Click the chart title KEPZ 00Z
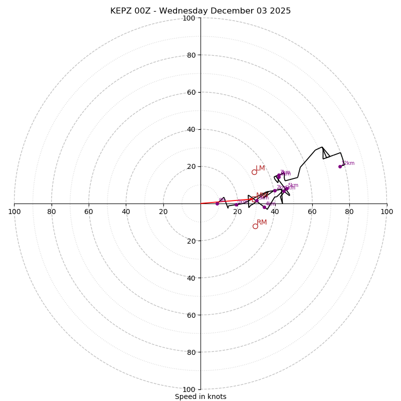pyautogui.click(x=200, y=11)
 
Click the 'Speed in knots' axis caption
pyautogui.click(x=200, y=396)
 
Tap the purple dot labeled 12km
pyautogui.click(x=340, y=166)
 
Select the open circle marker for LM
pyautogui.click(x=254, y=172)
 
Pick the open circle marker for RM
pyautogui.click(x=255, y=226)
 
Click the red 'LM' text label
pyautogui.click(x=261, y=168)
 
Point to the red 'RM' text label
pyautogui.click(x=262, y=223)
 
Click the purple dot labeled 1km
pyautogui.click(x=236, y=205)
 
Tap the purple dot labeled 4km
pyautogui.click(x=264, y=207)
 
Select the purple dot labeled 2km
pyautogui.click(x=275, y=190)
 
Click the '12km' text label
pyautogui.click(x=348, y=163)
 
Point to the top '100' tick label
pyautogui.click(x=189, y=18)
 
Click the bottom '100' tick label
pyautogui.click(x=189, y=389)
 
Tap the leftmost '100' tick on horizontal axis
pyautogui.click(x=15, y=212)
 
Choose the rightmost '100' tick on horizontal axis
pyautogui.click(x=386, y=212)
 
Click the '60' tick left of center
pyautogui.click(x=89, y=212)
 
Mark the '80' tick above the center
pyautogui.click(x=190, y=55)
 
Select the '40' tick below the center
pyautogui.click(x=190, y=278)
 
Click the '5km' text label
pyautogui.click(x=293, y=185)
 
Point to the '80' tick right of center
pyautogui.click(x=349, y=212)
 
